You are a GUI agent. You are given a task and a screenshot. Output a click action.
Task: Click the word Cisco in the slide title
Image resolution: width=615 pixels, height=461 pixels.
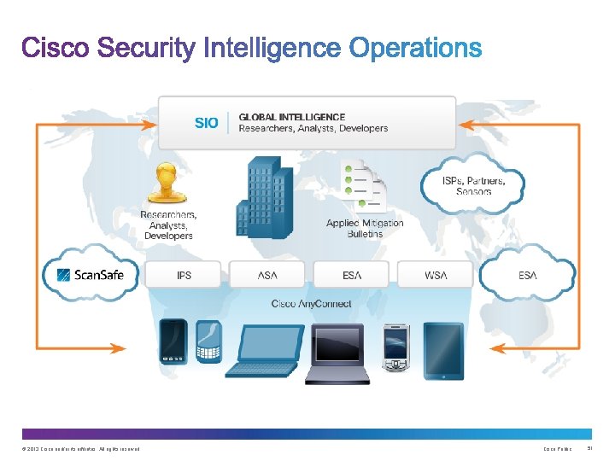55,48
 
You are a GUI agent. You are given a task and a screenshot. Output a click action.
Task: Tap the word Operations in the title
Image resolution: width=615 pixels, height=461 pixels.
416,49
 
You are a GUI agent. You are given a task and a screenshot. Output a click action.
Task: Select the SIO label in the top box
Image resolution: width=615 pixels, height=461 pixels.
207,123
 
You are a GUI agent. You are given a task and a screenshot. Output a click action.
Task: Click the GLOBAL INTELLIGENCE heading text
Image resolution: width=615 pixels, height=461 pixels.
292,117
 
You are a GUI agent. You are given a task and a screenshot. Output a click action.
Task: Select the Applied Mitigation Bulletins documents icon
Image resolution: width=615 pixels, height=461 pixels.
363,183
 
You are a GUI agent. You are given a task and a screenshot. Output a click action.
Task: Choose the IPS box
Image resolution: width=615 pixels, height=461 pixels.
184,275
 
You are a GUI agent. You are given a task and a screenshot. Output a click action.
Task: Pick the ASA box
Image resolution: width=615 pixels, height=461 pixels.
267,275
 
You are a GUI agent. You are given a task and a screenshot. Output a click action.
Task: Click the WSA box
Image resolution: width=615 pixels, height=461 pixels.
436,275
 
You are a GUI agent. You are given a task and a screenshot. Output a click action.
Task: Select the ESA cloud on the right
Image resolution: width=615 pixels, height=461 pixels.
528,275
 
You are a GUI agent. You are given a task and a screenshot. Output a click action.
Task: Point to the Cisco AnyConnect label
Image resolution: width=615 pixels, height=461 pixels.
311,304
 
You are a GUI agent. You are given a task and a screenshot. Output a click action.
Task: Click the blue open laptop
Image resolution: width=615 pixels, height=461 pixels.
261,351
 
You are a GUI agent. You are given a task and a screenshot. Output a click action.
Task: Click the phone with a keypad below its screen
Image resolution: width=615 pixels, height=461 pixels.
208,341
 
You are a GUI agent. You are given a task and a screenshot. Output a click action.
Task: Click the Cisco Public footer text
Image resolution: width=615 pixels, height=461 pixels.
557,449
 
